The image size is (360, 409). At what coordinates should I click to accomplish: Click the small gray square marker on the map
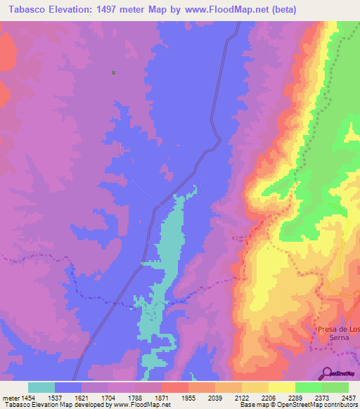pyautogui.click(x=113, y=72)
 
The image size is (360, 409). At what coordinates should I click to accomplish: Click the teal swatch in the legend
pyautogui.click(x=41, y=387)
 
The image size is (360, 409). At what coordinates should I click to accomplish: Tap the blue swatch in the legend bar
pyautogui.click(x=68, y=387)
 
